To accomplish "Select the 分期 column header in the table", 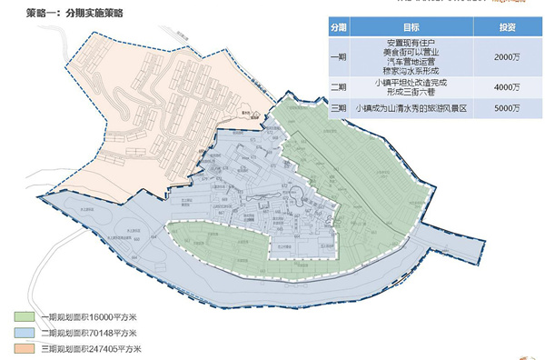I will [338, 28].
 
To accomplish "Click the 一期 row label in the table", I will [338, 57].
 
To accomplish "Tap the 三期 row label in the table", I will [338, 108].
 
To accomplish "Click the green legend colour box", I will [25, 317].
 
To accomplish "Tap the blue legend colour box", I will [25, 332].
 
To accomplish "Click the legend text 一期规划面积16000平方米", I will [87, 317].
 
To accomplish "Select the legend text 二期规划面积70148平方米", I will [87, 332].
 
